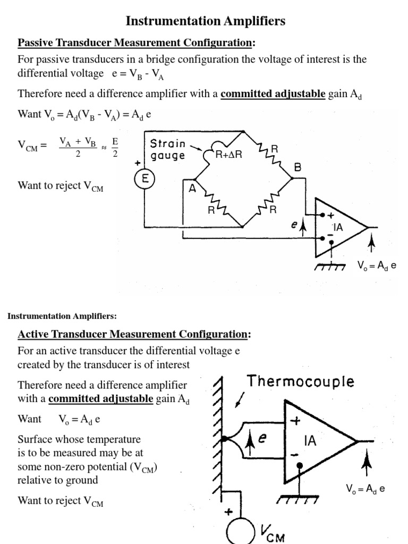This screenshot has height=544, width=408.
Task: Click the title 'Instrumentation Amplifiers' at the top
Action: point(205,21)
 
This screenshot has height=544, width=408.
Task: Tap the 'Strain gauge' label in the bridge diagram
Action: point(168,149)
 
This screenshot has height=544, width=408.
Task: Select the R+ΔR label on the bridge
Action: point(229,155)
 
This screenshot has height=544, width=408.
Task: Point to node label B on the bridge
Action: point(298,167)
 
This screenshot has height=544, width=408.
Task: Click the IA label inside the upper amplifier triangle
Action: point(338,227)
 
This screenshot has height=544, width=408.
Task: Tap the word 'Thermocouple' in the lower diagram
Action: point(301,381)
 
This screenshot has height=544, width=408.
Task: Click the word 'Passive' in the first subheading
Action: point(36,42)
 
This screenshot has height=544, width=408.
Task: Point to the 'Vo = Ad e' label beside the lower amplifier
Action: point(363,489)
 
